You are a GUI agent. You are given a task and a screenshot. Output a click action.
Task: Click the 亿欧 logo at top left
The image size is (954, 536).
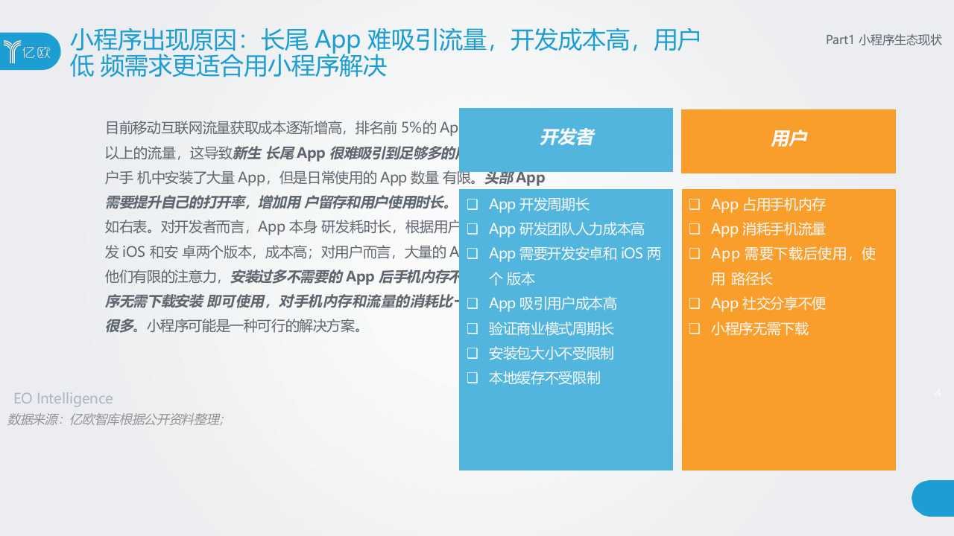30,51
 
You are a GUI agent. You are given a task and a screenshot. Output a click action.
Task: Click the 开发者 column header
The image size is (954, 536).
566,138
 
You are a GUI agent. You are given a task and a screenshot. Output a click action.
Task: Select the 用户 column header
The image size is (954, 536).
789,139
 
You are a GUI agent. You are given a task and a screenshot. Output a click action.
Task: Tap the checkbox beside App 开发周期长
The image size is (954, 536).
472,204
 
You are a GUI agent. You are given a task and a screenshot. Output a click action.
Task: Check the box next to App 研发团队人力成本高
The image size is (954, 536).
472,229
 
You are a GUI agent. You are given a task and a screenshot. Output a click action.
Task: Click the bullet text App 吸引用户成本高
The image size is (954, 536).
552,304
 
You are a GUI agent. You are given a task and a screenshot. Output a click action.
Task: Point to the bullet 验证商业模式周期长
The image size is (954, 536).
551,328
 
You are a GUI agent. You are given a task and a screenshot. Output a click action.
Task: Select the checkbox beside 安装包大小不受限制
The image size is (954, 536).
472,354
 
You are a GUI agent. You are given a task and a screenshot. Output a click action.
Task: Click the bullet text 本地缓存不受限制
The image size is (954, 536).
544,378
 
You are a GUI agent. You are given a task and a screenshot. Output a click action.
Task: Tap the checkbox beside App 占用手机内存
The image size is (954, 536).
694,204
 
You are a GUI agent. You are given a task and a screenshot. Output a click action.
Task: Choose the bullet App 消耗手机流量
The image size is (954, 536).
768,229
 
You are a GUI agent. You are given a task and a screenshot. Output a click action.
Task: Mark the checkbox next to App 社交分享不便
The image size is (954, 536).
694,304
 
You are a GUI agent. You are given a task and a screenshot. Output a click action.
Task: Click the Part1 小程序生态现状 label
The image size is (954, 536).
884,40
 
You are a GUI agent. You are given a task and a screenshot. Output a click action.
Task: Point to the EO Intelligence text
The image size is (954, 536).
63,399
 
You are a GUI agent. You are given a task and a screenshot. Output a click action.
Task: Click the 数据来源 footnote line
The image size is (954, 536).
116,419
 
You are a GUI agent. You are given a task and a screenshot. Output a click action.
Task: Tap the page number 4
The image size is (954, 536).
938,392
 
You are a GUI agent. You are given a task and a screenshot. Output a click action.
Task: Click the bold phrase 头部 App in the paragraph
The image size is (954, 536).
515,178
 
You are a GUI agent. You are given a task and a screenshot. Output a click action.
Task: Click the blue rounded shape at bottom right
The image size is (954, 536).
933,498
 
